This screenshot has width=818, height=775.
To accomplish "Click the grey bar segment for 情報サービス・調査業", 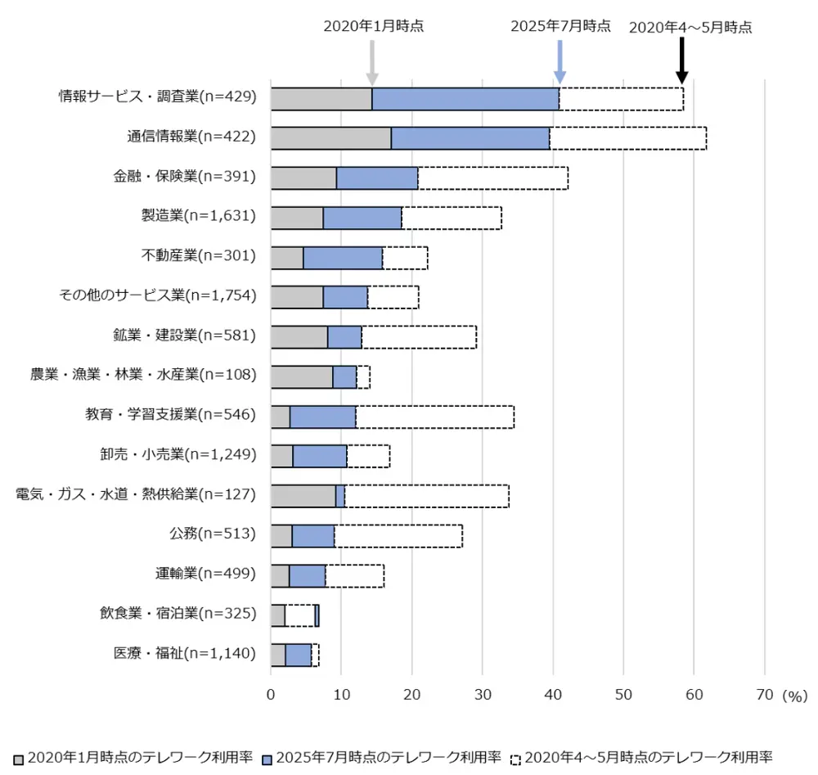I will [x=321, y=98].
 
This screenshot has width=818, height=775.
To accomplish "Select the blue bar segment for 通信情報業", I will [x=470, y=138].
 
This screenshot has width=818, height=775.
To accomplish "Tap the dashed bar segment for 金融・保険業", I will [x=492, y=178].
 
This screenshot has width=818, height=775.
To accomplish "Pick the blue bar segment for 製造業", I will [x=362, y=218].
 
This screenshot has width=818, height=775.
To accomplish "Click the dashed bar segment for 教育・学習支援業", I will [x=434, y=417].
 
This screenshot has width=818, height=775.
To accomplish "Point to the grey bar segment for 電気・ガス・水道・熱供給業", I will [x=303, y=496].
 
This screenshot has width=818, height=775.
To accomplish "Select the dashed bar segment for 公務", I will [x=398, y=536].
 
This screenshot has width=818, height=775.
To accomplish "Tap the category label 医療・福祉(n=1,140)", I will [x=185, y=654].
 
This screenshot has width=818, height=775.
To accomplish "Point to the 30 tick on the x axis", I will [x=482, y=695].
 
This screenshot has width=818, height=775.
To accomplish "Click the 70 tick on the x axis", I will [x=764, y=695].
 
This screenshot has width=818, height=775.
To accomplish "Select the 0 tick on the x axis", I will [x=271, y=695].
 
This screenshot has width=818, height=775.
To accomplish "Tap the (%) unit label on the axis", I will [x=794, y=696].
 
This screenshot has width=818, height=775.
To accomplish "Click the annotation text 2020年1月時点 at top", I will [x=374, y=25].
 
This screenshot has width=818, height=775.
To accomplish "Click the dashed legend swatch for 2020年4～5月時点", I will [x=515, y=758].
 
